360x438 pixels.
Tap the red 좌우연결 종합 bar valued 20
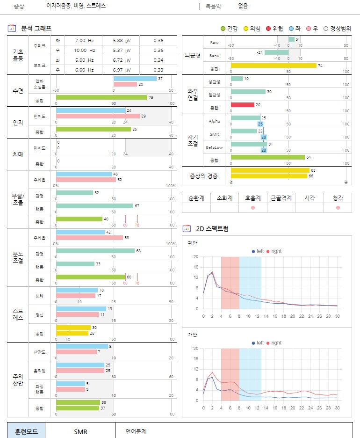[x=242, y=105]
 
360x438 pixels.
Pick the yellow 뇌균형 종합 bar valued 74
[x=273, y=66]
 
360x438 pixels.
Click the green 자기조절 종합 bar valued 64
[x=267, y=157]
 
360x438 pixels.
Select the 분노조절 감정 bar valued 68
[x=95, y=251]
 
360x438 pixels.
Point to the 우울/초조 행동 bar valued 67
[x=94, y=205]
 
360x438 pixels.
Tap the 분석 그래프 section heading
[x=36, y=29]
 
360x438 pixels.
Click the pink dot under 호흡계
[x=253, y=207]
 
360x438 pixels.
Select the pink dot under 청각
[x=338, y=207]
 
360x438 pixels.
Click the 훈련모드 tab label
[x=26, y=431]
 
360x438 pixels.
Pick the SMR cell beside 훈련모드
[x=80, y=431]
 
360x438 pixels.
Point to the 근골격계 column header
[x=281, y=198]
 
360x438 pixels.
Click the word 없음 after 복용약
[x=243, y=6]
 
